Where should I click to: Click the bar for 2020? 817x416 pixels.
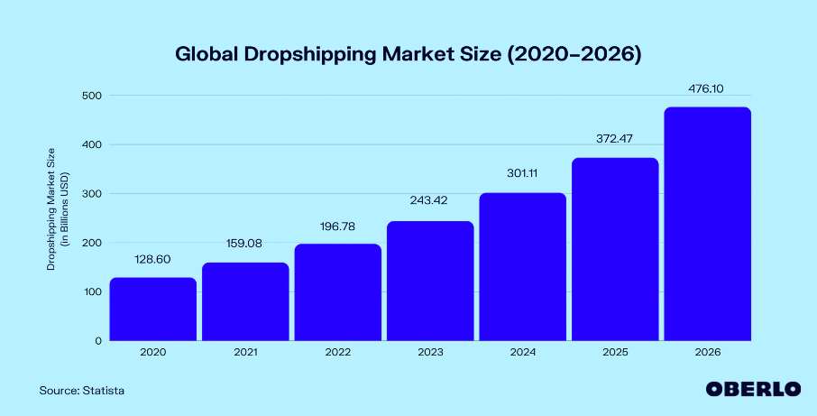[x=153, y=310]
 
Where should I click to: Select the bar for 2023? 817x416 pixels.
[x=430, y=281]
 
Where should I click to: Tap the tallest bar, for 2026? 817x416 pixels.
[x=708, y=224]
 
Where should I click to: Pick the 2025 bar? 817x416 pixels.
[x=615, y=249]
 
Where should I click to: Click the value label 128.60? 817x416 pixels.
[x=153, y=260]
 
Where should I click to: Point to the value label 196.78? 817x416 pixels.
[x=338, y=226]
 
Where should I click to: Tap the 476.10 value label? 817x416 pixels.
[x=708, y=89]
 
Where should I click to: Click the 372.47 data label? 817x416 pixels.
[x=615, y=140]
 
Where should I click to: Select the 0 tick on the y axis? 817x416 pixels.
[x=98, y=341]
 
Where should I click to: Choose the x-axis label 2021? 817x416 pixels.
[x=245, y=353]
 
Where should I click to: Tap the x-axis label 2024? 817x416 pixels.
[x=523, y=353]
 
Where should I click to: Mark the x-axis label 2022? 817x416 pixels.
[x=338, y=353]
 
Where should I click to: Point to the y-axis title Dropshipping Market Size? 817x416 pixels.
[x=51, y=209]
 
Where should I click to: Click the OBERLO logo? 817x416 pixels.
[x=754, y=389]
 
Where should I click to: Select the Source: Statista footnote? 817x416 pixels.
[x=82, y=391]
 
